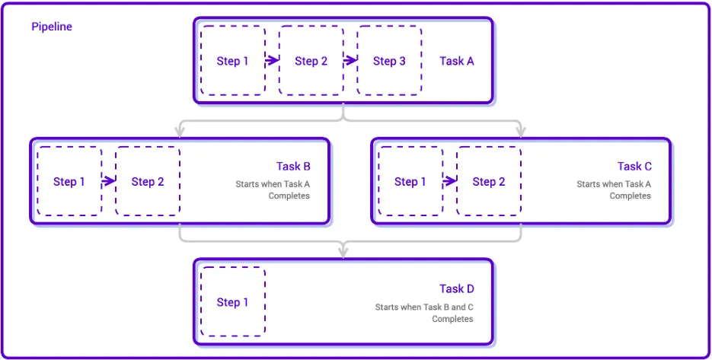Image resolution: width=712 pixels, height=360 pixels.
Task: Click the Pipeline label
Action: (x=52, y=27)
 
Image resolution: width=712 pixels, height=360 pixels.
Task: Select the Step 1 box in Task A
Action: (x=233, y=61)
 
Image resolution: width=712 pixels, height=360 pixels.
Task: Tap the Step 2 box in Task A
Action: (x=311, y=61)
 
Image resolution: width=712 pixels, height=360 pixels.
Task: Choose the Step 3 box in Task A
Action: (x=389, y=61)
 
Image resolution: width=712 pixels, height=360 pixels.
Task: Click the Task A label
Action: (x=457, y=61)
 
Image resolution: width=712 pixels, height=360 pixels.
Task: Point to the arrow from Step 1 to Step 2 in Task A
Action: (x=272, y=61)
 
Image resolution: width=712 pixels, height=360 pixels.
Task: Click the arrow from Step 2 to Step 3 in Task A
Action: (x=350, y=61)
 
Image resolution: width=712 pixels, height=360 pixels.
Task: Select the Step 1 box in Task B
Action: (x=69, y=181)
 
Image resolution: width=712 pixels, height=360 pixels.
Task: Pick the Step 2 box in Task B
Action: (x=148, y=181)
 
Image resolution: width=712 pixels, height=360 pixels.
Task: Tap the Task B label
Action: (x=293, y=166)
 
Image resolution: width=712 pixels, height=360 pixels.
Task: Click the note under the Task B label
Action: (x=273, y=190)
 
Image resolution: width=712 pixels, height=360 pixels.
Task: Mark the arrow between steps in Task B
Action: (x=108, y=181)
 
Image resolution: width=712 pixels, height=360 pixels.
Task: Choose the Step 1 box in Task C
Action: (x=410, y=181)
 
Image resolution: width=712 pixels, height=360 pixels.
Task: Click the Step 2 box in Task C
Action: (x=489, y=181)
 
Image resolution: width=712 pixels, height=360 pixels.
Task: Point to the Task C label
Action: (x=634, y=166)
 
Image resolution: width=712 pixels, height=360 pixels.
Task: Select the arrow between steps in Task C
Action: (x=449, y=181)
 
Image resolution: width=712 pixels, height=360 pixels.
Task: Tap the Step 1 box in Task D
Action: (x=233, y=302)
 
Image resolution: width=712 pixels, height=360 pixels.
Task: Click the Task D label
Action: (x=457, y=288)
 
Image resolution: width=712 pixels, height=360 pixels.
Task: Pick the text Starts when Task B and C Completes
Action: (x=424, y=313)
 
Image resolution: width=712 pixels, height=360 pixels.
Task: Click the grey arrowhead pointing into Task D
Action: (x=343, y=251)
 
